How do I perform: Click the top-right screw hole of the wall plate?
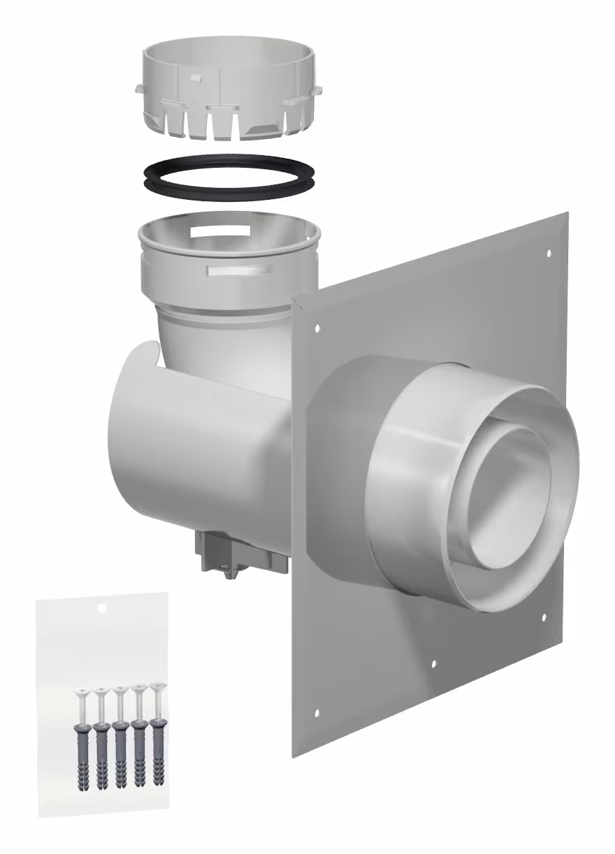(x=548, y=252)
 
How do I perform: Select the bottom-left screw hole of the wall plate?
(x=317, y=713)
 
